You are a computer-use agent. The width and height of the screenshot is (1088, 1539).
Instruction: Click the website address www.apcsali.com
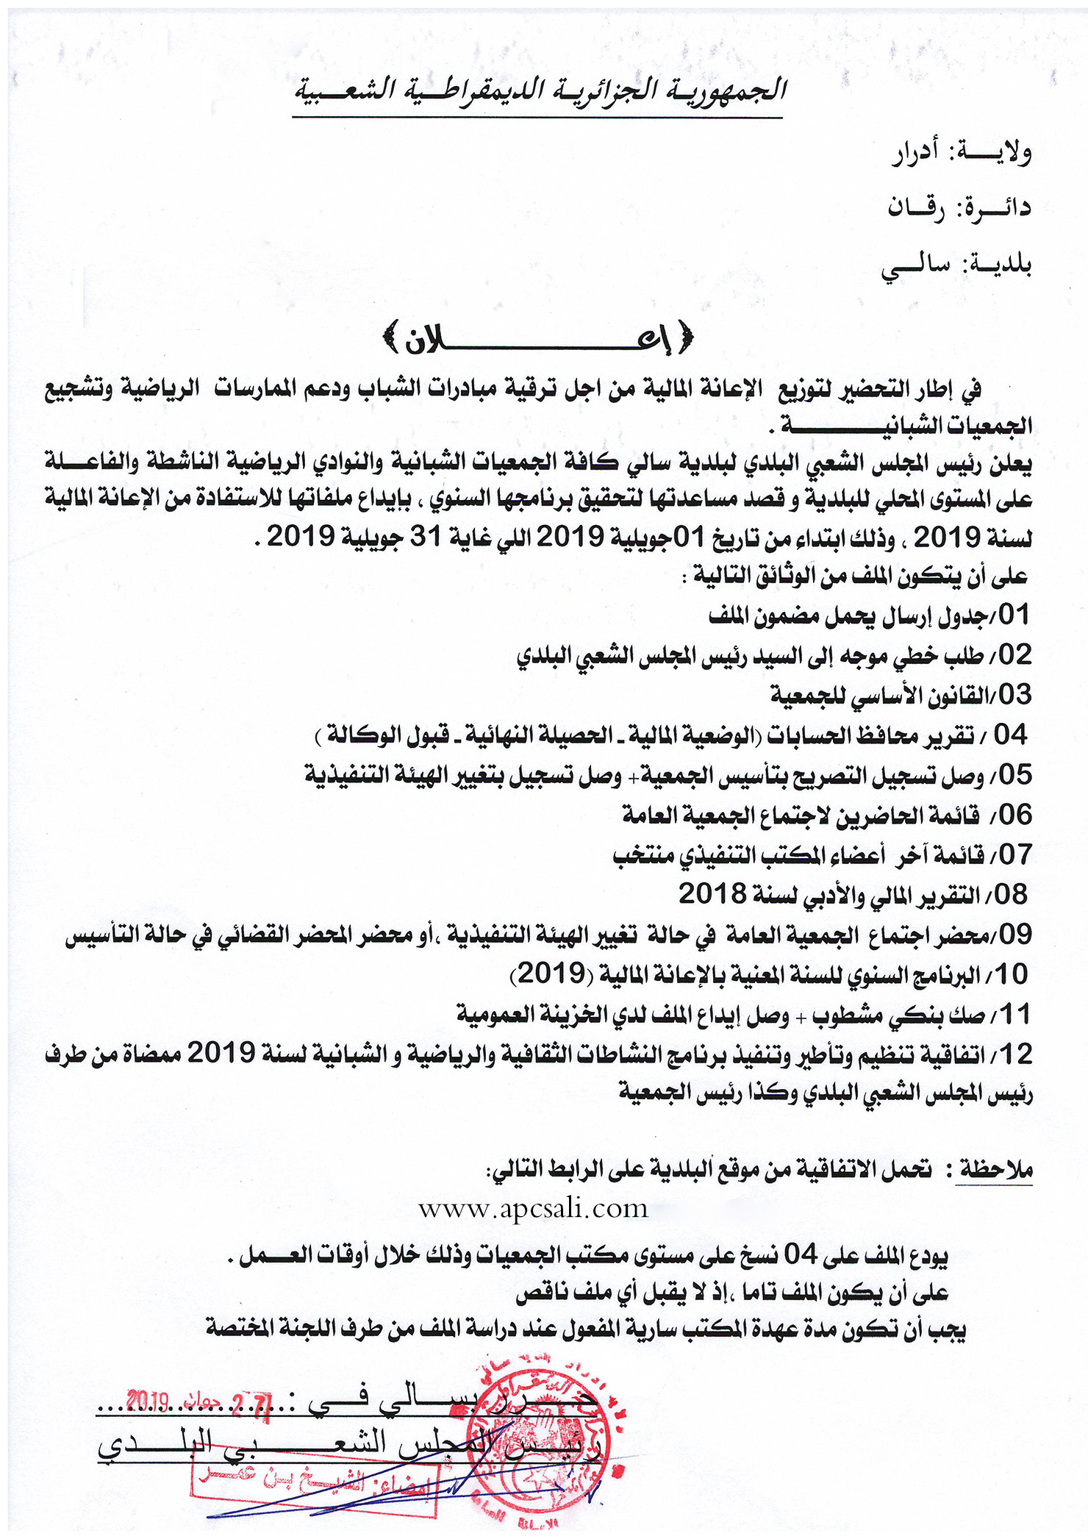pyautogui.click(x=533, y=1209)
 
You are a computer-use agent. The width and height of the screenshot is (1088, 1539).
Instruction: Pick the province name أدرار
pyautogui.click(x=915, y=154)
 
